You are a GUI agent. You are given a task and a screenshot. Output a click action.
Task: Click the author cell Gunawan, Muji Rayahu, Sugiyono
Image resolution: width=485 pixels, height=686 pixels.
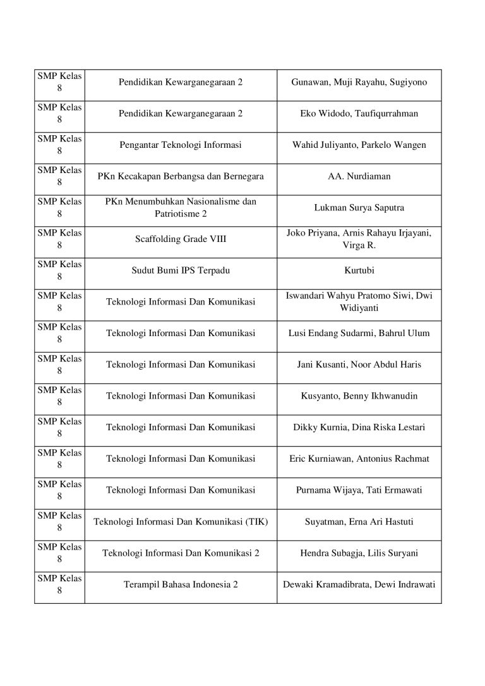pos(359,83)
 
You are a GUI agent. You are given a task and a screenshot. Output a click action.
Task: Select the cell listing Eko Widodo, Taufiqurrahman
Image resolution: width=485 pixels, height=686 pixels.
pos(359,114)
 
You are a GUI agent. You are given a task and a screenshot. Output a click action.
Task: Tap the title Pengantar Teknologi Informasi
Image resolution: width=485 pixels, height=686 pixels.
pos(181,145)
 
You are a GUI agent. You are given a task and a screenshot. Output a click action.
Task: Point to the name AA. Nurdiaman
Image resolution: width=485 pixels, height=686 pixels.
pos(359,176)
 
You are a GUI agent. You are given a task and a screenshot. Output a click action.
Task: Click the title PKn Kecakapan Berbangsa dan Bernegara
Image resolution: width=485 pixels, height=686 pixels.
pos(181,176)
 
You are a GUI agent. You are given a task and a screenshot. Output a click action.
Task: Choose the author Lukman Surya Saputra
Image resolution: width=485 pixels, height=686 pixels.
pos(359,208)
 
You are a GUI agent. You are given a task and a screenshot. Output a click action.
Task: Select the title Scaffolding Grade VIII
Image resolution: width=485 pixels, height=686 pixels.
pos(181,239)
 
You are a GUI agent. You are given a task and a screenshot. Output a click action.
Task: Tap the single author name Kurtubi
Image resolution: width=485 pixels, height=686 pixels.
pos(359,270)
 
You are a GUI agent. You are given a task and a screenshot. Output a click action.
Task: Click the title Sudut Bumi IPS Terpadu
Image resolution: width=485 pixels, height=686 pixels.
pos(181,270)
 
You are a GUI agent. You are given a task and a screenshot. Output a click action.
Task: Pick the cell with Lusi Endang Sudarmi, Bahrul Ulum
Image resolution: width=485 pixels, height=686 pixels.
pos(359,333)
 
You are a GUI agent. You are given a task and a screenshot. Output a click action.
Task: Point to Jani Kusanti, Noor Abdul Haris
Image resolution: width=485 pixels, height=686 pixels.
pos(359,364)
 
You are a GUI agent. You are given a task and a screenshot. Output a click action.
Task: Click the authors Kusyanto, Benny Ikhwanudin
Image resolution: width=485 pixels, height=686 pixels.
pos(359,396)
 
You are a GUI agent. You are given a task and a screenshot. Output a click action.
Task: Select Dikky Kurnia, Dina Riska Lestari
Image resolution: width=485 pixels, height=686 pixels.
pos(359,428)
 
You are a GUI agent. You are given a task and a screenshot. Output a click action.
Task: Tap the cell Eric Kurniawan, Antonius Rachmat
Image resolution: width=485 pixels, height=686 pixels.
pos(359,459)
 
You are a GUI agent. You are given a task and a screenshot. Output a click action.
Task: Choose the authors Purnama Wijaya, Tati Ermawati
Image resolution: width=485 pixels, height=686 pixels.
pos(359,490)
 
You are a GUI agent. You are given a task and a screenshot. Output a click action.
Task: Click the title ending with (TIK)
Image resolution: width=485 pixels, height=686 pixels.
pos(181,522)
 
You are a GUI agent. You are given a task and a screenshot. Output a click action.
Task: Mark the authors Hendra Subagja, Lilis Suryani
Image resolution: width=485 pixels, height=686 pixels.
pos(359,553)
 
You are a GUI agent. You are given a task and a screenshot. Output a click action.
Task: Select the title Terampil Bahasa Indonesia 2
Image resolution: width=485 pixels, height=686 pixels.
pos(181,584)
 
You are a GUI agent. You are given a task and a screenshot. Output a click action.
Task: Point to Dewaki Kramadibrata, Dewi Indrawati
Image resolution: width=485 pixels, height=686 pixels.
pos(359,584)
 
